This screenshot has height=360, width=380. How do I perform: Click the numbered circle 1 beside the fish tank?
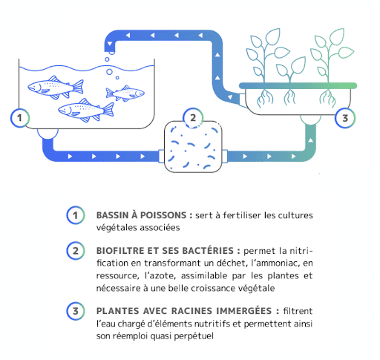20,118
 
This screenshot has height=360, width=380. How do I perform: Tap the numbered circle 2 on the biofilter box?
193,118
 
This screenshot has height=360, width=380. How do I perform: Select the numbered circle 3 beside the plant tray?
345,118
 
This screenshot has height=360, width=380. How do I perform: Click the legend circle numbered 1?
76,215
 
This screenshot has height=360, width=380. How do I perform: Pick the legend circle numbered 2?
76,251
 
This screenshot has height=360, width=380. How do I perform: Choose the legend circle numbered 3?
76,311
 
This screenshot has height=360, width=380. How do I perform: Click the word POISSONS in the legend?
163,215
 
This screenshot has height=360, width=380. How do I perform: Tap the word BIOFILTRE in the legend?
120,251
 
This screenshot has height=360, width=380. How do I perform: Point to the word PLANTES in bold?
117,311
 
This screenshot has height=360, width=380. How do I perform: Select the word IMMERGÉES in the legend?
244,310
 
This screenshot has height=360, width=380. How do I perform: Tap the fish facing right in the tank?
125,93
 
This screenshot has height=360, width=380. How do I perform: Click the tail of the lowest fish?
108,110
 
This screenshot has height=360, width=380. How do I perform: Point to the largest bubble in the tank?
109,72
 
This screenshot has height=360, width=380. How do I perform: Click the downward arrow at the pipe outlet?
110,45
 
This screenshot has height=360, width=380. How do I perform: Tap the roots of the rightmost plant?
327,98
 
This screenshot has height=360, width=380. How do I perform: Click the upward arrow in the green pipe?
310,140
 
